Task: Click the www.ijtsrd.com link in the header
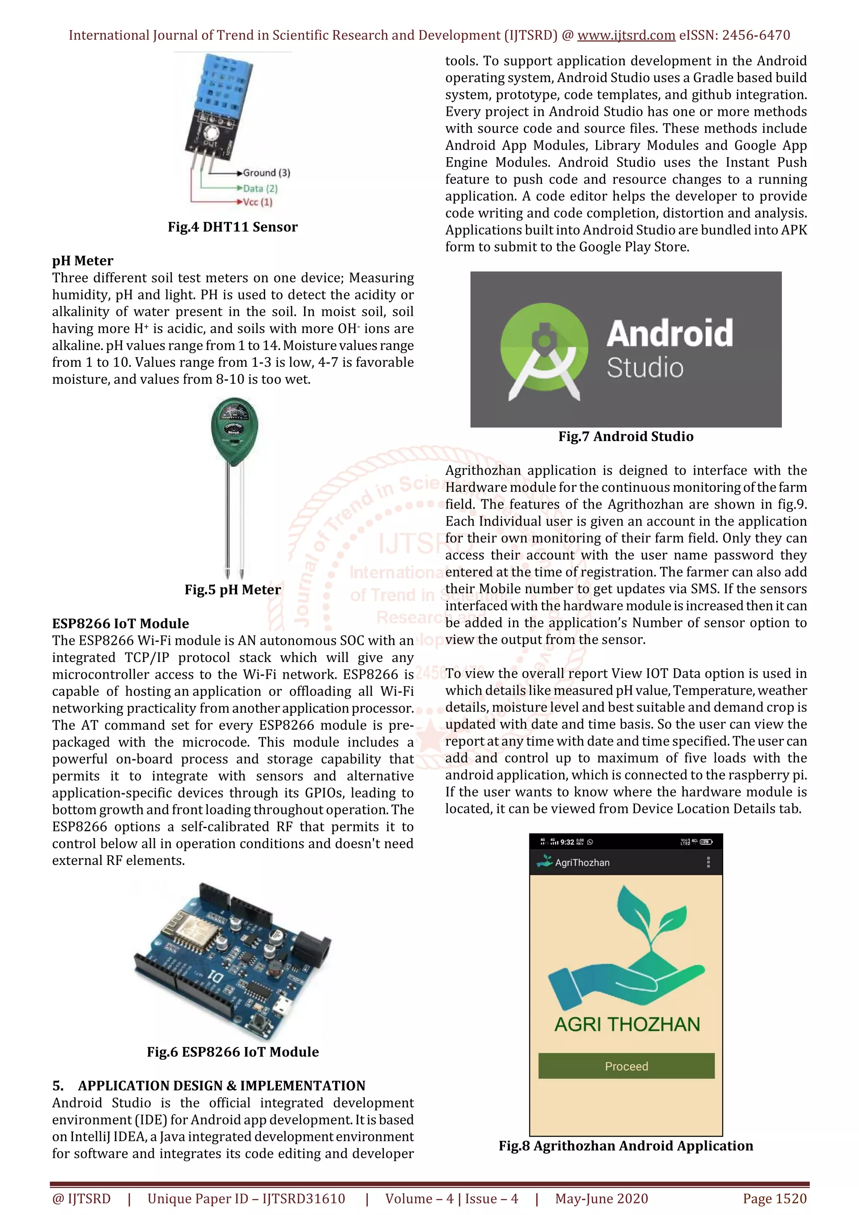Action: [626, 36]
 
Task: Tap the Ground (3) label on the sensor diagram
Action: [266, 173]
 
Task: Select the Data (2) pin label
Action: [260, 188]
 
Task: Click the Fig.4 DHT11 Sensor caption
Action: [232, 227]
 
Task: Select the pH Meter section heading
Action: [83, 261]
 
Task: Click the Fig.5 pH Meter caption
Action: [232, 589]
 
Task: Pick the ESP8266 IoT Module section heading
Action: [121, 623]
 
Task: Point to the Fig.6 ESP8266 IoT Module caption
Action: [232, 1051]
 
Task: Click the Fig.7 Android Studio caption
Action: [626, 436]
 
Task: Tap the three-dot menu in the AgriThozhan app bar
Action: [708, 862]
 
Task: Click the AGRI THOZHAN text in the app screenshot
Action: [627, 1025]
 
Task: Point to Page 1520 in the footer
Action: [774, 1199]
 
